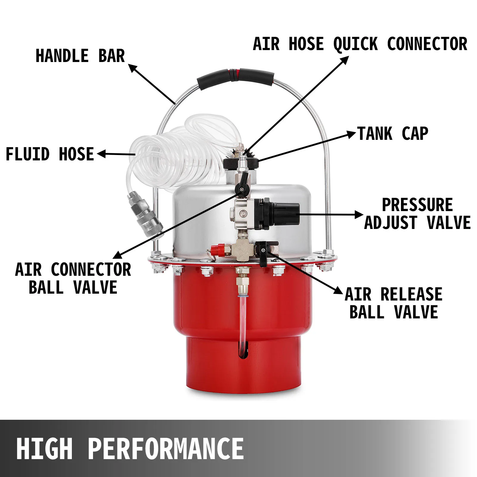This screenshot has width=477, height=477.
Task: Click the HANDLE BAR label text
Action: [x=80, y=56]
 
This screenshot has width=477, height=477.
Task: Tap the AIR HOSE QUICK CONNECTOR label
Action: [x=360, y=44]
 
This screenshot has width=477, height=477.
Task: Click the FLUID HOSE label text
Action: [x=50, y=154]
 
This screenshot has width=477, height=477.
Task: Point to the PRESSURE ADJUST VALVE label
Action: [x=417, y=214]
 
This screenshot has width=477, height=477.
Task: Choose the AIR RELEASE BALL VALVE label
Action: [x=394, y=303]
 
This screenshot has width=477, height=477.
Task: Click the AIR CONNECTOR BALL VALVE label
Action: [x=73, y=278]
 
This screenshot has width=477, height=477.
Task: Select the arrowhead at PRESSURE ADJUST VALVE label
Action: [x=359, y=215]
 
